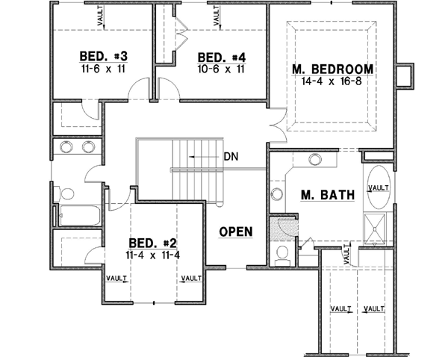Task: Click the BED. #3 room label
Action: pos(103,57)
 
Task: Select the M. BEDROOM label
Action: pos(333,70)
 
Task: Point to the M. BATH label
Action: pos(326,196)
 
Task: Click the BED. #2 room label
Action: pos(152,243)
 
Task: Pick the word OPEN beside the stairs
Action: pos(236,232)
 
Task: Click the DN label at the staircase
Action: pos(231,158)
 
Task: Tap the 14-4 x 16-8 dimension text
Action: pos(333,81)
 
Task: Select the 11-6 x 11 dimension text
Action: pos(103,68)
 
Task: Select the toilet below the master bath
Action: pos(281,257)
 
